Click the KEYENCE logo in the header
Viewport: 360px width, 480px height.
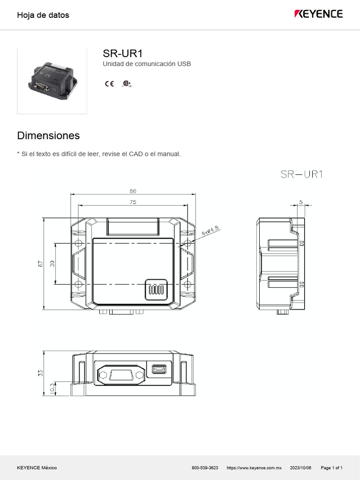[x=318, y=14]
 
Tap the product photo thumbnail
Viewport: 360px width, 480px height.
[x=52, y=81]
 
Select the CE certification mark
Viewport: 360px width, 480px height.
[x=109, y=84]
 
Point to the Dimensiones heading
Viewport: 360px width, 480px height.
[x=48, y=135]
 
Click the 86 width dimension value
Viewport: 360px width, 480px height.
[x=133, y=191]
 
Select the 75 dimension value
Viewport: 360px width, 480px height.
[x=133, y=202]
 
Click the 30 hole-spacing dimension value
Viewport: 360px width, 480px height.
[x=52, y=263]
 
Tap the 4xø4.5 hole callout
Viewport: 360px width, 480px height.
[x=210, y=231]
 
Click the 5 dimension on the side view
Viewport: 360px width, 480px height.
[x=301, y=202]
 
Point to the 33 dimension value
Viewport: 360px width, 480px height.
[x=41, y=373]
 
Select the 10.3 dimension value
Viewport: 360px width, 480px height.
[x=52, y=388]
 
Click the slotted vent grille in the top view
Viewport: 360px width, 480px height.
[x=156, y=289]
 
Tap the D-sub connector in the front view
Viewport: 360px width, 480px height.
[x=120, y=375]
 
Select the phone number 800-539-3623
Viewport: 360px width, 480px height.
[x=205, y=468]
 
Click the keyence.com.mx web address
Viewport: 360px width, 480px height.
[x=254, y=468]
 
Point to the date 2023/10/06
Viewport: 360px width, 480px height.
[x=300, y=468]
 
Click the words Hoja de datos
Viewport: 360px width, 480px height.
[x=43, y=15]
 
